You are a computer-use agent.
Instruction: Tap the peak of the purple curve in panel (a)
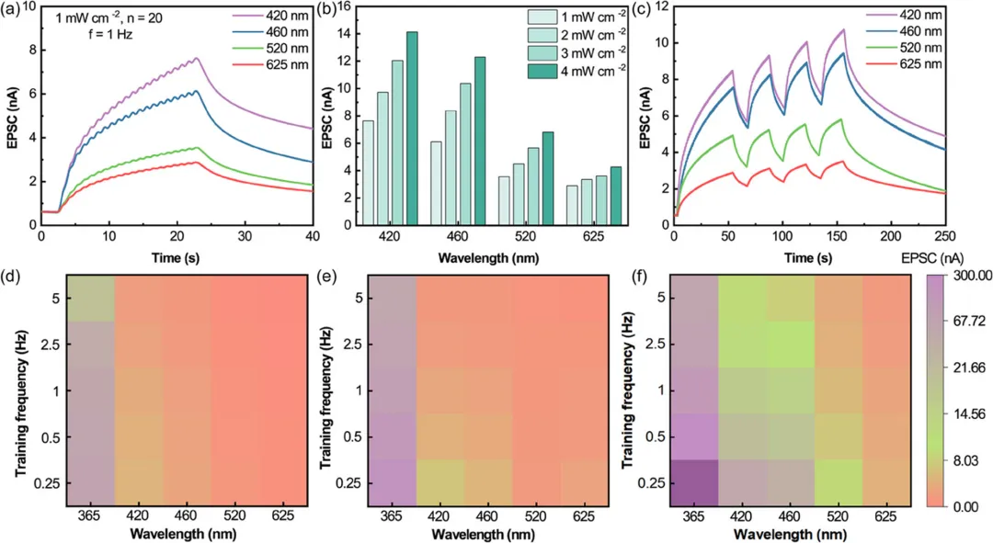coord(197,59)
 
